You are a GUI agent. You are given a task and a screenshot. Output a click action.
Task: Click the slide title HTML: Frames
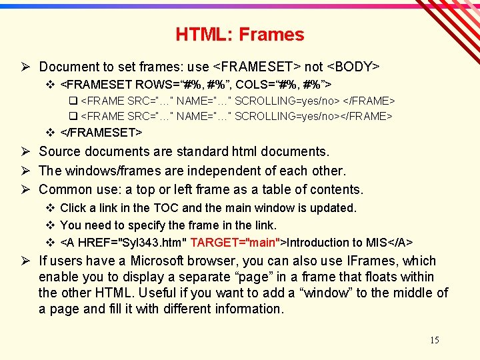240,35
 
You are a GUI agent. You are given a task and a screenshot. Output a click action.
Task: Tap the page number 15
434,341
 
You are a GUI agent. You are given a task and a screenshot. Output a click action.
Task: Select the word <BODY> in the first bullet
355,67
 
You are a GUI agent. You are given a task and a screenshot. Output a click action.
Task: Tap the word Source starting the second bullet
61,152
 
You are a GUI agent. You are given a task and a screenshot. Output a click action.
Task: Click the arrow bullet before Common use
27,189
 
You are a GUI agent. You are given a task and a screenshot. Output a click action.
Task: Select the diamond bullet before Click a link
50,208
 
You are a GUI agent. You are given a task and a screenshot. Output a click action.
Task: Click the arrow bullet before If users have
27,261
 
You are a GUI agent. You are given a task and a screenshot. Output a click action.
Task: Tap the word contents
337,189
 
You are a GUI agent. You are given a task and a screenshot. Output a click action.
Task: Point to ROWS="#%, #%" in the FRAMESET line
179,85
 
